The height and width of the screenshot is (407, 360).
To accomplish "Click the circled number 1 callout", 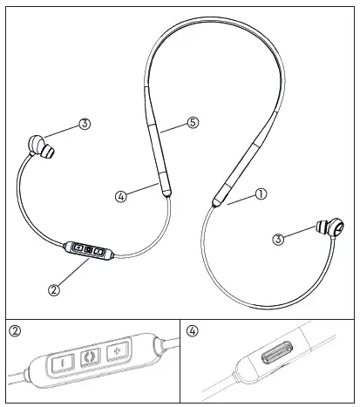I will tap(260, 195).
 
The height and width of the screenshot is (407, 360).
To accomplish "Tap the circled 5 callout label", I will tap(193, 123).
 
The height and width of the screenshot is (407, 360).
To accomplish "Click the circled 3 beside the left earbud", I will tap(85, 125).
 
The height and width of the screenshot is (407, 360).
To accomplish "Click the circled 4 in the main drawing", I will tap(122, 197).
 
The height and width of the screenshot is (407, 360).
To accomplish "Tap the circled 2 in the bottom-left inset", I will tap(16, 331).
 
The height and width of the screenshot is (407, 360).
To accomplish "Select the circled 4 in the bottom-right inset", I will tap(194, 331).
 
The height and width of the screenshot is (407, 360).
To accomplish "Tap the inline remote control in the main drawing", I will tap(88, 251).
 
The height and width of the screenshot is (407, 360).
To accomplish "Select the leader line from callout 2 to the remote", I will tap(70, 271).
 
